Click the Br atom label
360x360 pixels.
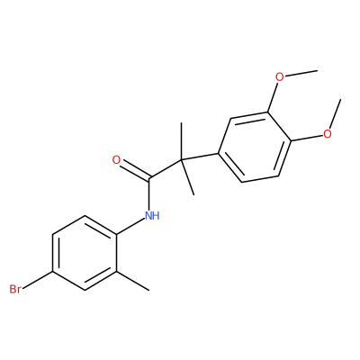pos(15,289)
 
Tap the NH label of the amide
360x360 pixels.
pos(152,215)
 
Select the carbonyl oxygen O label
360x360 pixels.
pos(116,160)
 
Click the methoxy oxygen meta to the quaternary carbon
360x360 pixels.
pos(279,77)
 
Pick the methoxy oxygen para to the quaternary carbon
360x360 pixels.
pos(328,133)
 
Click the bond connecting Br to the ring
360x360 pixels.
pos(38,281)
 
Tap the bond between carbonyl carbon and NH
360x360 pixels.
pos(149,193)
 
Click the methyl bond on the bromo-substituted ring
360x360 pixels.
pos(132,281)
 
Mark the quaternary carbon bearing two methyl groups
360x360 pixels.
pos(182,159)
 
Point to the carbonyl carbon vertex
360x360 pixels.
pos(149,178)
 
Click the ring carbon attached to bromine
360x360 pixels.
pos(53,272)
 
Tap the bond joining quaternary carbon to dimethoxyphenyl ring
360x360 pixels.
pos(200,157)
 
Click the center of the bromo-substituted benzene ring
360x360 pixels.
pos(85,253)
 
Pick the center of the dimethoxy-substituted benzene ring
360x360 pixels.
pos(255,147)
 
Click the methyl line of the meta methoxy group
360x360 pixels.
pos(301,73)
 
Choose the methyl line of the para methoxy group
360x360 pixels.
pos(336,113)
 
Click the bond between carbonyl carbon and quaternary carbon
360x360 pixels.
pos(166,168)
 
